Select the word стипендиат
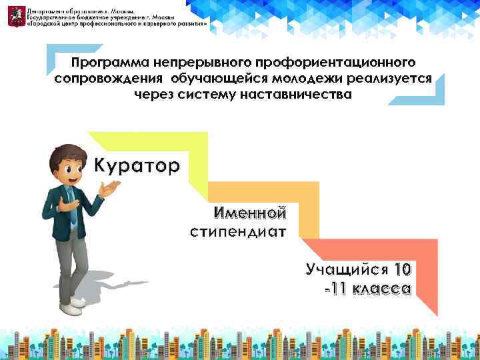(x=238, y=233)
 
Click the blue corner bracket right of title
(x=434, y=94)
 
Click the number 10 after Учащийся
(x=403, y=269)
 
